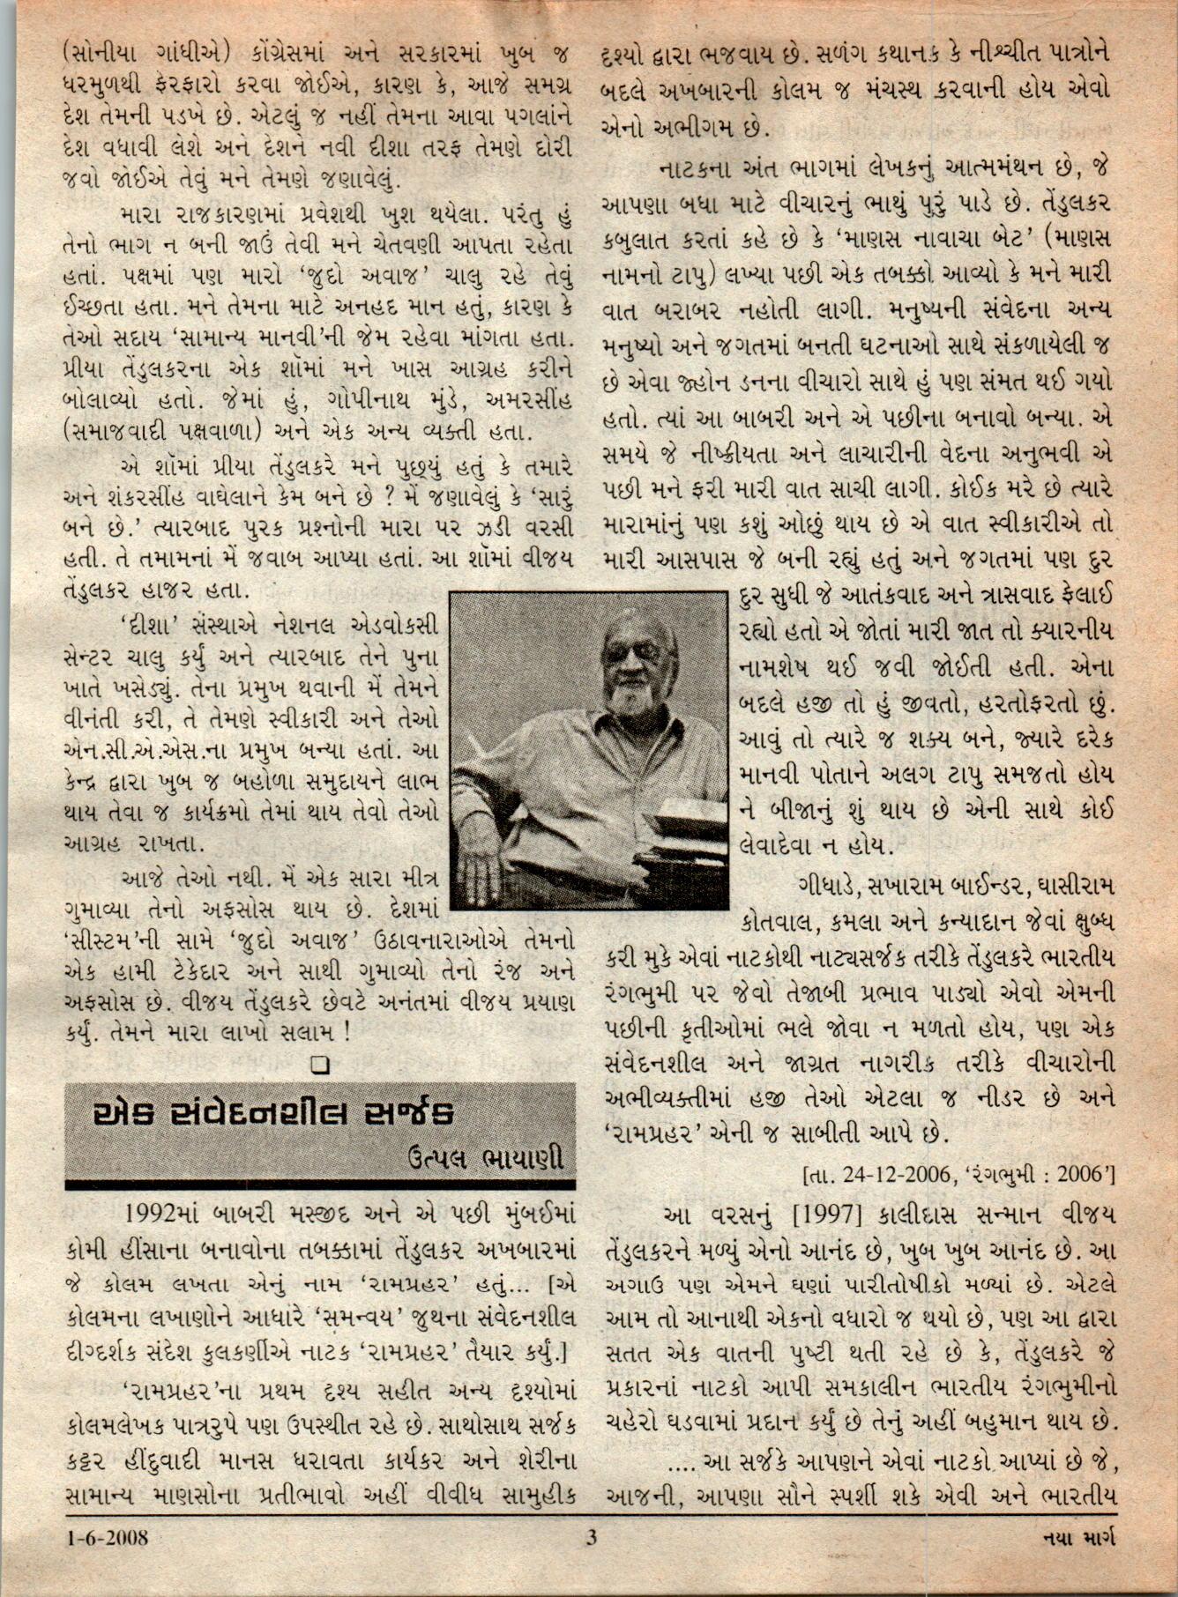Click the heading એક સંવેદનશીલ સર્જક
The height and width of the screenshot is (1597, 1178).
tap(274, 1114)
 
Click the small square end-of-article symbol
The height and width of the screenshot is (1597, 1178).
tap(319, 1064)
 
